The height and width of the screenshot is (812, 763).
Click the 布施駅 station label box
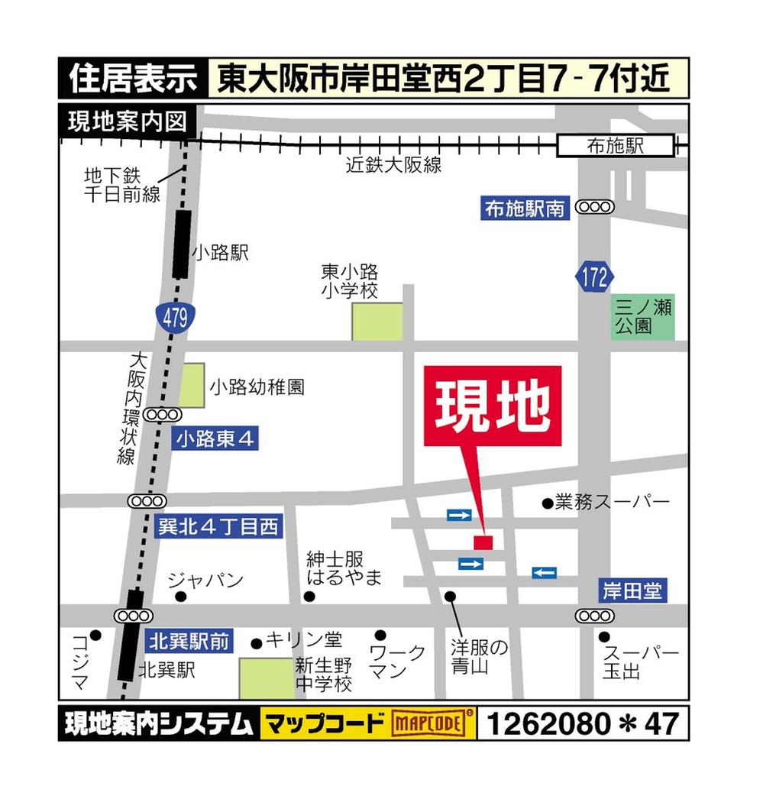click(x=616, y=146)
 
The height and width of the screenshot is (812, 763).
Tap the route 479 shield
click(x=174, y=318)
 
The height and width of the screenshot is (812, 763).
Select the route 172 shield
click(x=593, y=277)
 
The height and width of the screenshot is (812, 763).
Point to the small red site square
click(x=483, y=542)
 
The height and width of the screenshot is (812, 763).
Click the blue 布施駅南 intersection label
click(x=525, y=208)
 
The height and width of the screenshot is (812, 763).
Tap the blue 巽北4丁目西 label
click(x=218, y=526)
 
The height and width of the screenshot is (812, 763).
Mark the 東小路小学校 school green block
click(x=377, y=321)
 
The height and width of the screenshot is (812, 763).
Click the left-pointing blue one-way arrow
click(x=544, y=572)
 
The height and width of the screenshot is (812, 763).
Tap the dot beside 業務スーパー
click(x=547, y=503)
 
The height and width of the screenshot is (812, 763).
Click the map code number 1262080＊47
click(x=582, y=723)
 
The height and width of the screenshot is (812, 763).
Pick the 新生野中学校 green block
click(x=266, y=678)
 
